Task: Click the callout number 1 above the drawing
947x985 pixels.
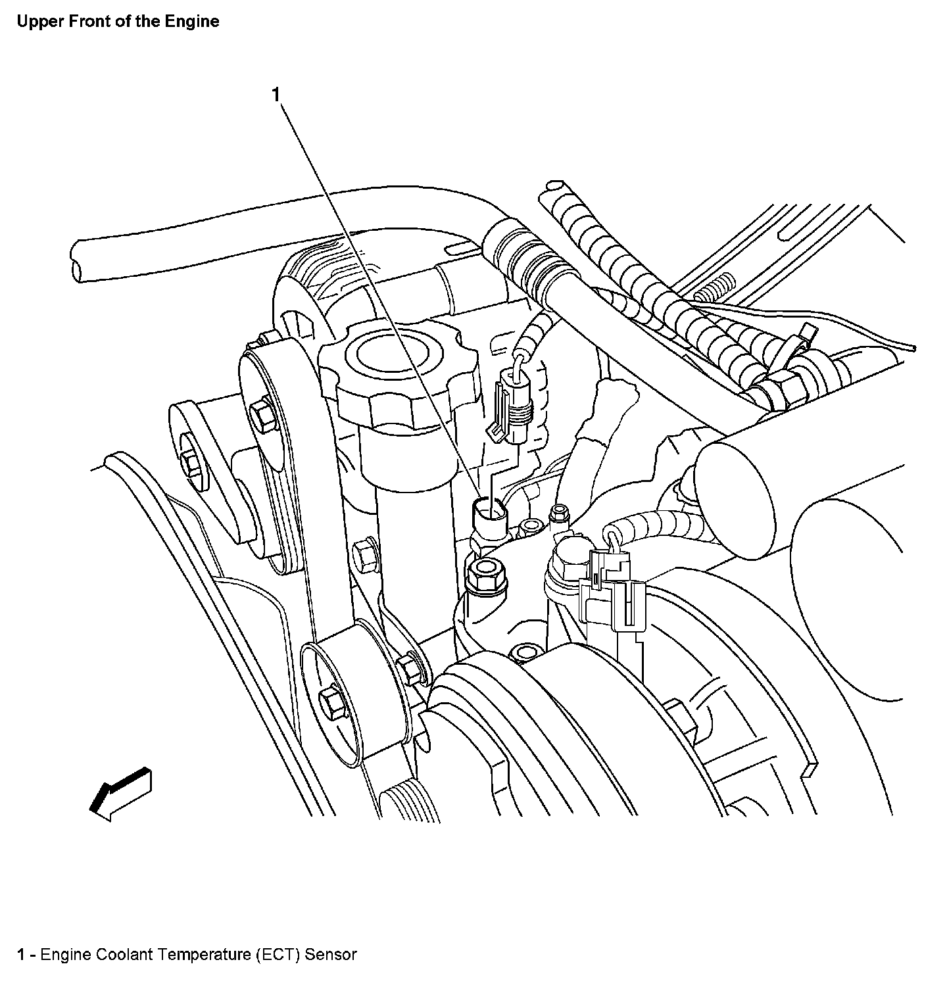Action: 276,95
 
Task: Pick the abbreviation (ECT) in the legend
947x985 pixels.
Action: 279,954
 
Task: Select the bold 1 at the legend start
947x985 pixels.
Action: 22,954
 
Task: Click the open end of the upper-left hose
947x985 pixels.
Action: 77,262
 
